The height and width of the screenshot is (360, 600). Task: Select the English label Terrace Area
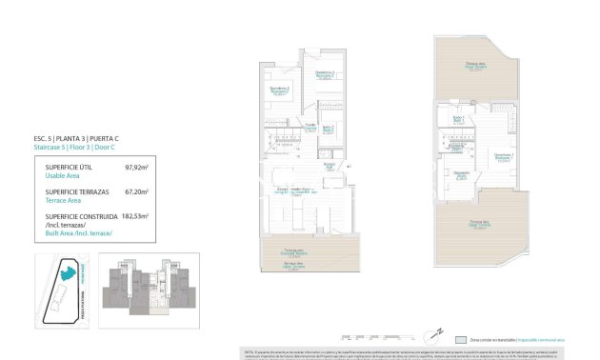click(x=65, y=199)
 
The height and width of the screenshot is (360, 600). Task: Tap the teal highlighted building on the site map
click(x=67, y=272)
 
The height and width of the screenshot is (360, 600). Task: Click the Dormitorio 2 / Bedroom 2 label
click(x=280, y=92)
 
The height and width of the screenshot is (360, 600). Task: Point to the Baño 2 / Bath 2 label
click(x=328, y=129)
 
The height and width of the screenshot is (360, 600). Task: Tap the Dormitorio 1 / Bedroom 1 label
click(x=504, y=156)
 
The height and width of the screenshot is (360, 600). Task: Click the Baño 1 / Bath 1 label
click(x=458, y=118)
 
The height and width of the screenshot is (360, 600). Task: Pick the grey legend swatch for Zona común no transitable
click(x=460, y=339)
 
